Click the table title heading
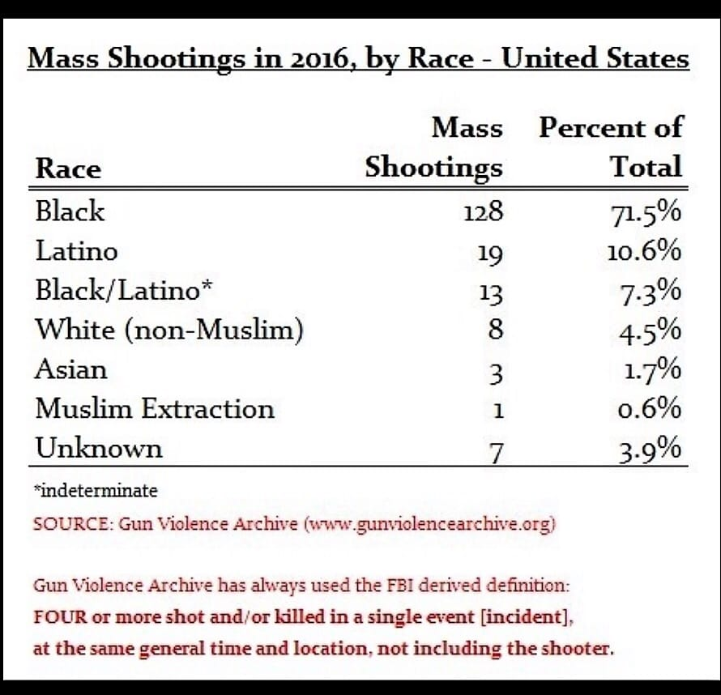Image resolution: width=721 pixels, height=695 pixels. [359, 59]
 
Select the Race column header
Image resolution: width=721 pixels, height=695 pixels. [68, 168]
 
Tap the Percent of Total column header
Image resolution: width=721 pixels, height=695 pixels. [612, 147]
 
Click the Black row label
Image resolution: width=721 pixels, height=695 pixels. [70, 211]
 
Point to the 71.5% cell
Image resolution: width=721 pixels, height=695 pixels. [645, 213]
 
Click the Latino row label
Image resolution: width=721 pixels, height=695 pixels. [76, 251]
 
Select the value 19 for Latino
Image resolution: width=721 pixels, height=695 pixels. [489, 254]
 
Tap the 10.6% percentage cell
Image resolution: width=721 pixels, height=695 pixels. [644, 252]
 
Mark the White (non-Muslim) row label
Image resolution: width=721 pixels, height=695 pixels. [169, 330]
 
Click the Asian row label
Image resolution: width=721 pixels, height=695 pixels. [70, 369]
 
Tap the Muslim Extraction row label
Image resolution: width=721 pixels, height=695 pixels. [154, 409]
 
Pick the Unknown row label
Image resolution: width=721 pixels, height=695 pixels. [98, 449]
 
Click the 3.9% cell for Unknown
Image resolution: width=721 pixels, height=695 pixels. [650, 450]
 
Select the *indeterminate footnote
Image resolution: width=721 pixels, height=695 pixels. [96, 490]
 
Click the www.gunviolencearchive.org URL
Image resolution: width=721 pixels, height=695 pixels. [429, 523]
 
